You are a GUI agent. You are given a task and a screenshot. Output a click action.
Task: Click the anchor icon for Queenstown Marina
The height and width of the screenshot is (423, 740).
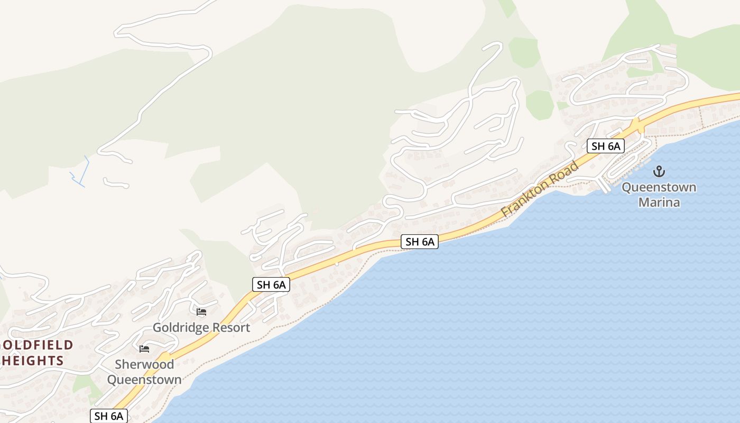click(x=659, y=171)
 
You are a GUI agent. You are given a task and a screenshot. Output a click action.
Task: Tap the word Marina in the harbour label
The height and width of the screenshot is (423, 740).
click(x=659, y=202)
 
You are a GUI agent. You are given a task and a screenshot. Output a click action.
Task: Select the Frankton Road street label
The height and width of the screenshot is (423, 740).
click(x=540, y=189)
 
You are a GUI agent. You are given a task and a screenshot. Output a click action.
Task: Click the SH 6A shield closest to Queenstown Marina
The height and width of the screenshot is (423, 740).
click(x=605, y=146)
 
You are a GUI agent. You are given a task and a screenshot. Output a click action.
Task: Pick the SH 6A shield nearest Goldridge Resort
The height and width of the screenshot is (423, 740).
click(x=271, y=284)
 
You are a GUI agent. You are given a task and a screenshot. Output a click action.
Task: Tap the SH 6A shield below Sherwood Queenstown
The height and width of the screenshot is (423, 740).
click(x=109, y=416)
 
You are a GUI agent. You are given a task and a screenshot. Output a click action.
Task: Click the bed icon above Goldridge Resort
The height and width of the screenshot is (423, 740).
click(x=201, y=312)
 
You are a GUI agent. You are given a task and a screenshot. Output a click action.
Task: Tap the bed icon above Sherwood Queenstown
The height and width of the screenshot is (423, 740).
click(x=144, y=348)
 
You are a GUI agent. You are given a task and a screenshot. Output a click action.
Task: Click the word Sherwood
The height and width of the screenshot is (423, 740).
click(x=144, y=364)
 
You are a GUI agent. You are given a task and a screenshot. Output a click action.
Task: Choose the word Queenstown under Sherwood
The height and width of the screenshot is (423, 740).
click(x=144, y=380)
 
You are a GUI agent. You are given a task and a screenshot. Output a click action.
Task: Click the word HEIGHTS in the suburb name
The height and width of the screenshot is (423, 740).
click(x=33, y=361)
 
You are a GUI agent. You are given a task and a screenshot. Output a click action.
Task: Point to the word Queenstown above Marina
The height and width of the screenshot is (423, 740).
click(x=659, y=187)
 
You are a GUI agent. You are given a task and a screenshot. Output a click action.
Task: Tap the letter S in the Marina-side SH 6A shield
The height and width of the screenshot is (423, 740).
click(x=594, y=146)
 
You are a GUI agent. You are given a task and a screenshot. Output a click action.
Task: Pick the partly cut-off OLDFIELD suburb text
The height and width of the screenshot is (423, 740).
click(x=36, y=345)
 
